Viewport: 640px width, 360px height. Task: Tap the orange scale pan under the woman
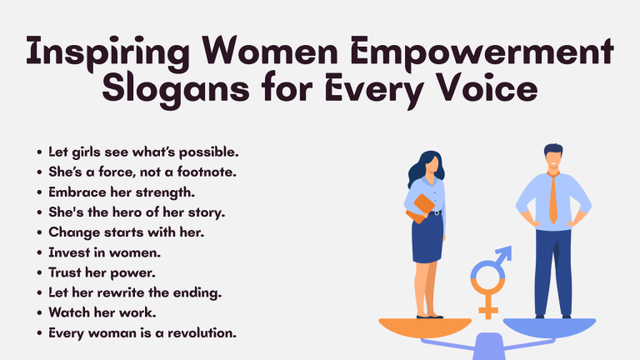pyautogui.click(x=424, y=327)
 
